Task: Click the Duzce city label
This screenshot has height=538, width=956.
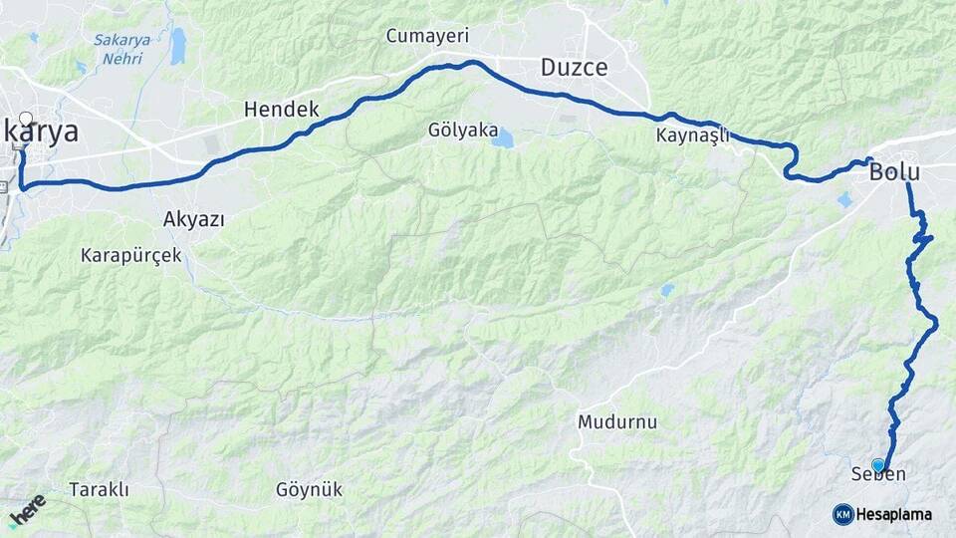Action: [x=574, y=68]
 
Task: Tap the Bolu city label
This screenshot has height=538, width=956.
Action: [x=894, y=171]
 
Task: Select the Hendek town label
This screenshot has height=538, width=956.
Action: [x=281, y=110]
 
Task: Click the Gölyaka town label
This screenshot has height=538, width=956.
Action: [x=462, y=130]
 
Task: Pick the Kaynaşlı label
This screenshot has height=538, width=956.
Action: [x=693, y=134]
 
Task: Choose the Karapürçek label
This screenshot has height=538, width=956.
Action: [x=131, y=255]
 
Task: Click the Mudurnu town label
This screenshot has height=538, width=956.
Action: [x=617, y=421]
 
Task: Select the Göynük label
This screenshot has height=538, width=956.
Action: [x=309, y=489]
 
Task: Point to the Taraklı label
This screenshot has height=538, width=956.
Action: [x=99, y=489]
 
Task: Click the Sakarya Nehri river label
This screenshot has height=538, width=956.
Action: [x=120, y=49]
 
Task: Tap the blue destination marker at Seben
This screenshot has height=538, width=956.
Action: [x=877, y=464]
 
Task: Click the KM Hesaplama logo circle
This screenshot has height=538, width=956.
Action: [x=842, y=514]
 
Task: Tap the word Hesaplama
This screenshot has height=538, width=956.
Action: [x=893, y=514]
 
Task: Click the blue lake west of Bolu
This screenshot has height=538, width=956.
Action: [x=844, y=200]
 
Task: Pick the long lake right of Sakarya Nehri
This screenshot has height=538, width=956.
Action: [x=177, y=46]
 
